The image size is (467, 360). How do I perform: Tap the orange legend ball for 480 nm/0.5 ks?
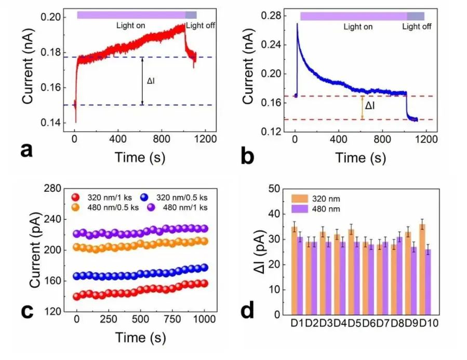click(76, 207)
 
